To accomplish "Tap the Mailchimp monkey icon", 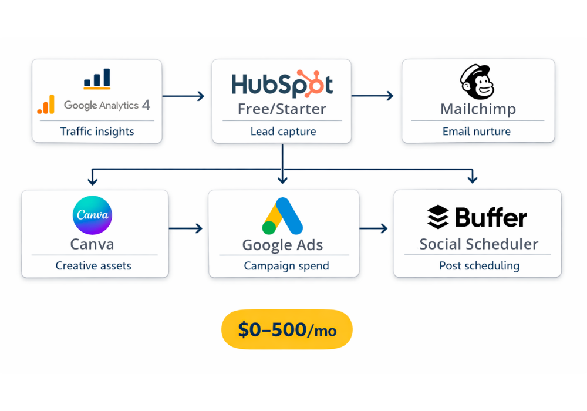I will tap(477, 82).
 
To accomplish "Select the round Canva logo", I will tap(92, 215).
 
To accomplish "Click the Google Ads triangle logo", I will tap(282, 217).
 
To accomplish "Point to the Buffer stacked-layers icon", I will tap(437, 217).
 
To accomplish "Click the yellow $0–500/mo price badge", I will tap(286, 329).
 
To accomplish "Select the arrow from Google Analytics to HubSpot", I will tap(183, 96).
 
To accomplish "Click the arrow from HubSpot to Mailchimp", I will tap(373, 96).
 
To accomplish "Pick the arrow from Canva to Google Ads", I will tap(185, 228).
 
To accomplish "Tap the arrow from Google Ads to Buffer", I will tap(373, 228).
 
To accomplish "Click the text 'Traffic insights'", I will tap(97, 132).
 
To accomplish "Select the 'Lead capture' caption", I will tap(283, 132).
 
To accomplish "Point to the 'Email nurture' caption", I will tap(477, 132).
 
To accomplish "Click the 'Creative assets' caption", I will tap(93, 266).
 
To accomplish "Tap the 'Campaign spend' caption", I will tap(286, 266).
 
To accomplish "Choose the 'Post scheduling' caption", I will tap(479, 266).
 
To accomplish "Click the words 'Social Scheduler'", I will tap(478, 244).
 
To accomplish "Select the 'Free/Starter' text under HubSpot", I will tap(282, 109).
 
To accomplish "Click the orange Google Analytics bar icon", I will tap(46, 105).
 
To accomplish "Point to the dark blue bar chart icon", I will tap(97, 79).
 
